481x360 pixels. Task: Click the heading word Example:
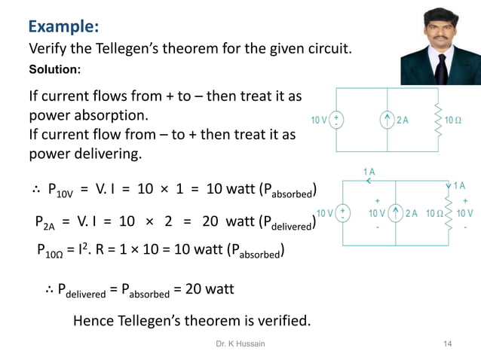63,27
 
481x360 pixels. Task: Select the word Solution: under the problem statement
54,70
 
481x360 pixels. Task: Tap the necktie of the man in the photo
440,69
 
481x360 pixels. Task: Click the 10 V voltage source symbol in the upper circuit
336,120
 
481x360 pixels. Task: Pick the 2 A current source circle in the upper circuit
387,120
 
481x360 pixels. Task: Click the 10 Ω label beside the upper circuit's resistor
455,120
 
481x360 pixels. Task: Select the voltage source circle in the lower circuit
342,213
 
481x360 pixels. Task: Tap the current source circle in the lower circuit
395,213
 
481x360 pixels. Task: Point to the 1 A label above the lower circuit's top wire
369,172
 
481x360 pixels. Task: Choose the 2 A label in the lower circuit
412,213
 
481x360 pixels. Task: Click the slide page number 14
448,344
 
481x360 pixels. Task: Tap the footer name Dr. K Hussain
240,344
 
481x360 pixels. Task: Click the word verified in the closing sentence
282,321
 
